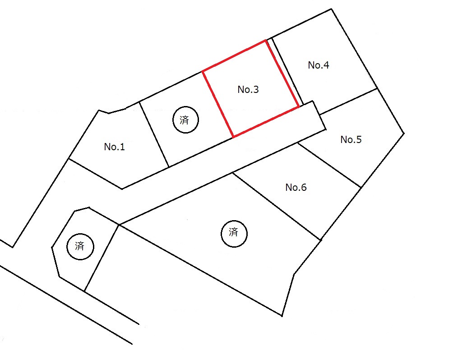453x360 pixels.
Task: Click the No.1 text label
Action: click(x=115, y=147)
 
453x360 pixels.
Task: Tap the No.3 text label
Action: click(x=248, y=90)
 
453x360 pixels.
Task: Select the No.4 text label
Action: click(x=319, y=65)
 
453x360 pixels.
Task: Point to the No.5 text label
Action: click(x=351, y=140)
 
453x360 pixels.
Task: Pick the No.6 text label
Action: click(x=296, y=188)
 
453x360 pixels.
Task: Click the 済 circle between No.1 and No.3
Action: click(x=185, y=120)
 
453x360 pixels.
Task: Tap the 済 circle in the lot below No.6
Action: click(x=234, y=234)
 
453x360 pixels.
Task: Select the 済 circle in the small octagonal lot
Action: click(x=80, y=246)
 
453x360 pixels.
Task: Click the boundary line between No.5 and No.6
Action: click(x=330, y=165)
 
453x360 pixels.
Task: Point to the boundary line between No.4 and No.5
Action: click(x=348, y=101)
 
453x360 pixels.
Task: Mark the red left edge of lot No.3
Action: click(x=218, y=104)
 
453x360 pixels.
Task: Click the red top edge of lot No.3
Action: click(x=234, y=56)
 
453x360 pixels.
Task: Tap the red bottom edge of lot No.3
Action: click(x=266, y=122)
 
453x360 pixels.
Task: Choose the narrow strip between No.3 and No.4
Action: click(x=285, y=72)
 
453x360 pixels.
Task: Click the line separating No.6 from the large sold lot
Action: click(x=277, y=206)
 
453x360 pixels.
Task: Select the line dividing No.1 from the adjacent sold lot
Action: click(x=154, y=134)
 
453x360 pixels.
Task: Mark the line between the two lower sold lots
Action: click(x=102, y=258)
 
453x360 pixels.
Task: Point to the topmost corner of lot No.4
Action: click(x=331, y=9)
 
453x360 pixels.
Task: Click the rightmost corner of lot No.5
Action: click(x=404, y=133)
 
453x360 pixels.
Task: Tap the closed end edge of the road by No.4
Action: click(x=319, y=115)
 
